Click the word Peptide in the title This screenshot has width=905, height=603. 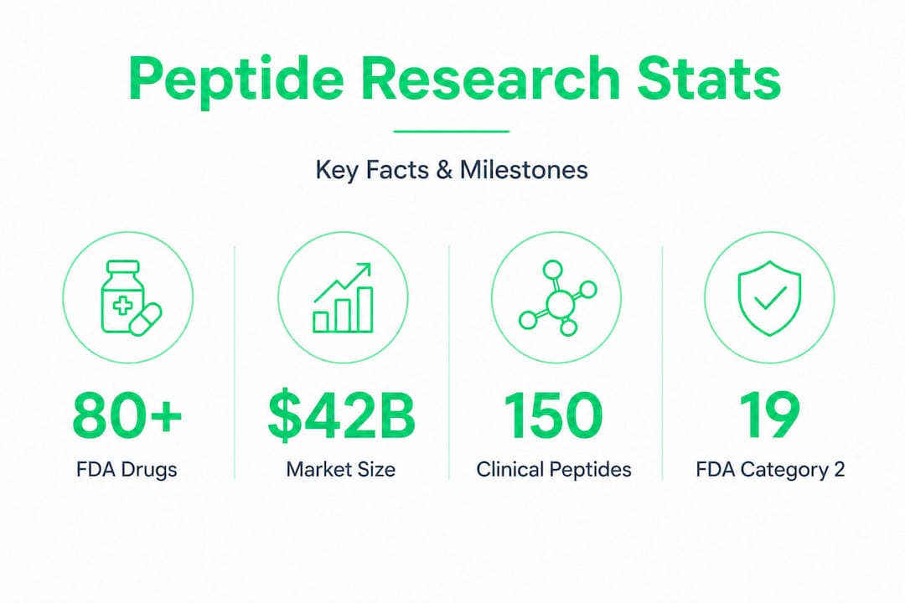(236, 80)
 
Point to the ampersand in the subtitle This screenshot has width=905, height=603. (444, 170)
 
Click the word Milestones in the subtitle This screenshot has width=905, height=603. (524, 170)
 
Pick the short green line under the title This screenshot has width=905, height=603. (452, 131)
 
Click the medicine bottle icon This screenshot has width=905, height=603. (123, 296)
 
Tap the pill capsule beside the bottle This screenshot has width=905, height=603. (146, 319)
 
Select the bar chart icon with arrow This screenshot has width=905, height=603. (343, 298)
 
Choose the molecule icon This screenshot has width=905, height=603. (557, 297)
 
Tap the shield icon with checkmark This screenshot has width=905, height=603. (770, 298)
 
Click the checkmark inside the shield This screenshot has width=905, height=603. (770, 298)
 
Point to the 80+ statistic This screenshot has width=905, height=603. (127, 415)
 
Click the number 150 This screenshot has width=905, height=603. (554, 415)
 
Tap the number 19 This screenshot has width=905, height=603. (769, 415)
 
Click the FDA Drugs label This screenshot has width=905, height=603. (127, 469)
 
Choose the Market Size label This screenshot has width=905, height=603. (341, 469)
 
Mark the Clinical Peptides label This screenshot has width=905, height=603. (554, 470)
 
